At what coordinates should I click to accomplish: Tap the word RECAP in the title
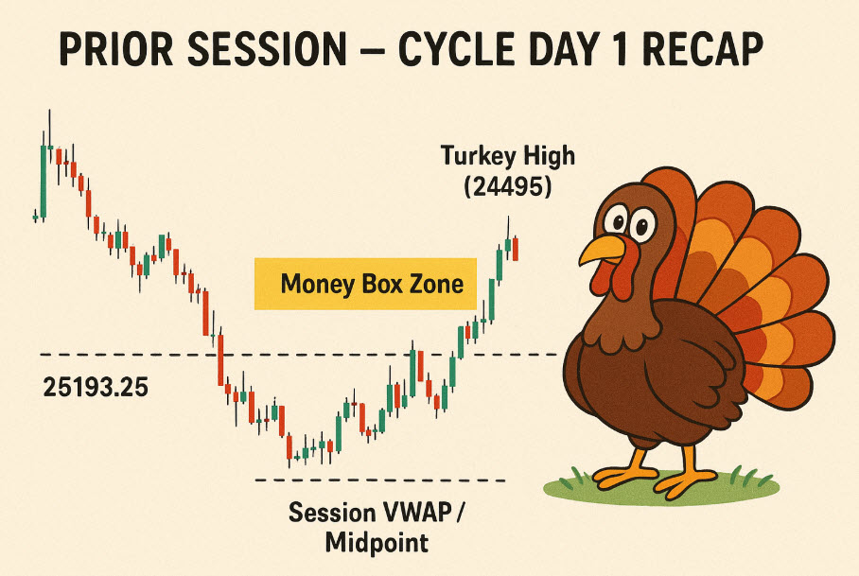pos(702,49)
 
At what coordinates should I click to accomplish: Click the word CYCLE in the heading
pos(456,49)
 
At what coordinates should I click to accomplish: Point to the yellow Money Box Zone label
pos(365,284)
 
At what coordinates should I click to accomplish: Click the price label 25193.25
pos(96,388)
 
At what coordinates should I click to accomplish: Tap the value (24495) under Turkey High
pos(507,187)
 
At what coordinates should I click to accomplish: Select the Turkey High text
pos(508,156)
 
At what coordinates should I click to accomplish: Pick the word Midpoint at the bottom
pos(377,543)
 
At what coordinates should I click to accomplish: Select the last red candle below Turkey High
pos(516,249)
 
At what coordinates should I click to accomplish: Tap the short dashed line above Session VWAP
pos(380,480)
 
